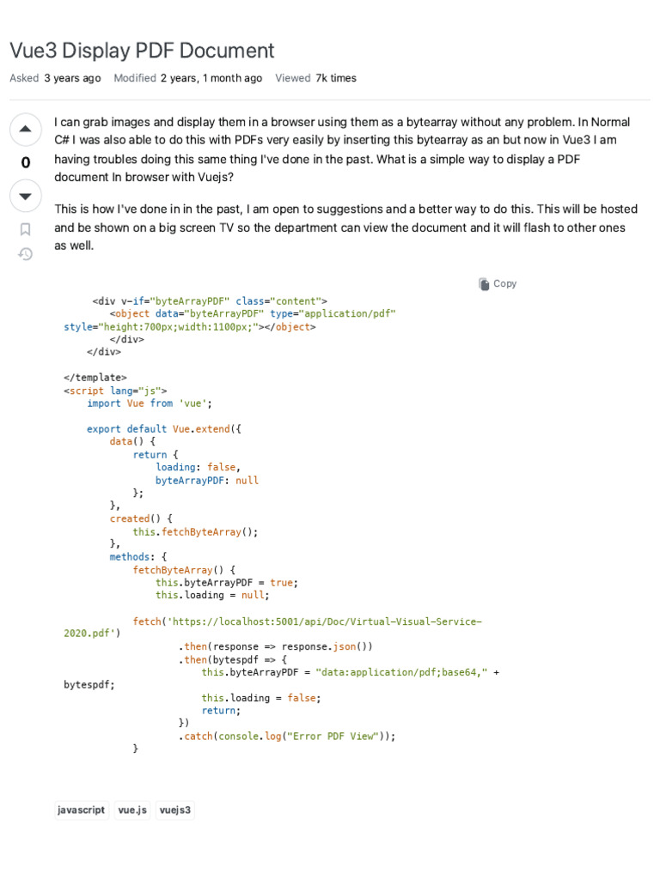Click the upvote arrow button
tap(25, 130)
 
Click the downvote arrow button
tap(25, 197)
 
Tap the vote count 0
tap(25, 163)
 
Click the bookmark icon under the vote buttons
tap(25, 229)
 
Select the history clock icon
tap(25, 254)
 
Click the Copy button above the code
tap(498, 284)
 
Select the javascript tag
tap(82, 809)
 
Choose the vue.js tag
tap(132, 809)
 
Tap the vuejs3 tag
tap(175, 809)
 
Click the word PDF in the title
tap(155, 51)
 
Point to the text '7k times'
tap(336, 78)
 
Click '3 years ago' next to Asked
tap(72, 78)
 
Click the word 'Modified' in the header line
tap(135, 78)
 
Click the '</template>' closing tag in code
tap(95, 378)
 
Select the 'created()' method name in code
tap(130, 518)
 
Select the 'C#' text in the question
tap(63, 140)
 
